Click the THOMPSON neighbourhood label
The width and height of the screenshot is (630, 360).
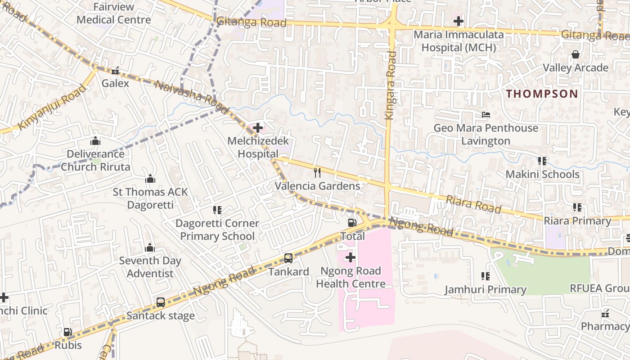click(x=542, y=94)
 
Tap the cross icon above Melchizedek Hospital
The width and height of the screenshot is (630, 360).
click(x=258, y=128)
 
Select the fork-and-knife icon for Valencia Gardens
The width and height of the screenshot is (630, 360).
click(x=318, y=172)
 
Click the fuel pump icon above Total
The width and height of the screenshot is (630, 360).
click(x=352, y=222)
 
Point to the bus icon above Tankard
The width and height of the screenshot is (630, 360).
click(x=288, y=258)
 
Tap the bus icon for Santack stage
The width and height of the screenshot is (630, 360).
click(x=161, y=302)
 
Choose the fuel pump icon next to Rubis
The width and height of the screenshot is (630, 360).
click(x=67, y=332)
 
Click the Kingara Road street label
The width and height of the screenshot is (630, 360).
click(x=390, y=85)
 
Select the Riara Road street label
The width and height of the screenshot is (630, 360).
click(x=473, y=204)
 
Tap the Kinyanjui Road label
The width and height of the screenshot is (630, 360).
click(x=52, y=107)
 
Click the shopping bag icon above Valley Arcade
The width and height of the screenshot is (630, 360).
click(x=575, y=54)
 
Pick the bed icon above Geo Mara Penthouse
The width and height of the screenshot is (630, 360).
click(x=486, y=115)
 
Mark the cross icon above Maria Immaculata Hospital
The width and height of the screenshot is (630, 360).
click(x=458, y=21)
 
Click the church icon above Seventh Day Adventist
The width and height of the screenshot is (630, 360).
click(x=150, y=247)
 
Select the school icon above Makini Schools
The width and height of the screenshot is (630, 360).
click(x=542, y=161)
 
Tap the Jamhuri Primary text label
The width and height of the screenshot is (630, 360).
click(x=486, y=289)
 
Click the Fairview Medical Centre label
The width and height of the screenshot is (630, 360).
click(x=113, y=13)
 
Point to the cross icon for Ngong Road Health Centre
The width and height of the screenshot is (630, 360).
click(x=351, y=257)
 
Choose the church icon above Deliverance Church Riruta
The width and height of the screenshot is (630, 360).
click(x=95, y=141)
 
